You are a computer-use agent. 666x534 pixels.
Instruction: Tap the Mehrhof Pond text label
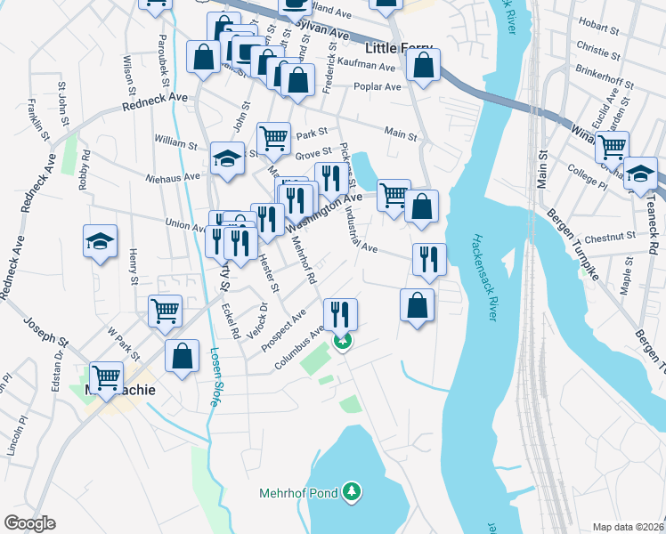coord(299,492)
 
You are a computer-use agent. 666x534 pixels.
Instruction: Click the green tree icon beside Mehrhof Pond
coord(353,491)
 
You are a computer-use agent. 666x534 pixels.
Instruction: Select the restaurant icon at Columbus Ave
coord(340,313)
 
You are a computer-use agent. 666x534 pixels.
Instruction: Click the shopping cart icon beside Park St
coord(273,138)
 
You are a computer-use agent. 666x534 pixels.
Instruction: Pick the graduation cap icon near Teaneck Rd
coord(639,173)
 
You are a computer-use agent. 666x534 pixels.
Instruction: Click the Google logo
coord(29,523)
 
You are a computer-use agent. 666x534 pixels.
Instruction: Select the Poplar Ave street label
coord(378,87)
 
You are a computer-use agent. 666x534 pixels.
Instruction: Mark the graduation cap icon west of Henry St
coord(100,240)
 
